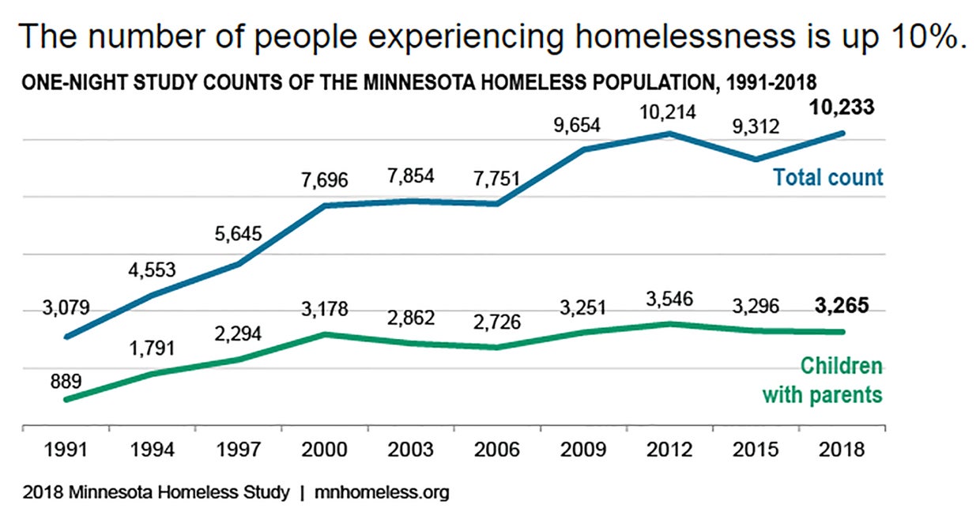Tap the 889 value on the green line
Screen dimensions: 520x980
coord(66,382)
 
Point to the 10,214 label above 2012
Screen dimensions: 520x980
coord(669,112)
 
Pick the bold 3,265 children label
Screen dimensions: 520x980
coord(840,305)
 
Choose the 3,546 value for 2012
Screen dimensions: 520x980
coord(669,300)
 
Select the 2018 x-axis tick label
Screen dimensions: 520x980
coord(840,450)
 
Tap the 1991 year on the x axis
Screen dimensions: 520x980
coord(66,450)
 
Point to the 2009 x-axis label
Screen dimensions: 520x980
coord(582,450)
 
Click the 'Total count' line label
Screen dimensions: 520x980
coord(827,177)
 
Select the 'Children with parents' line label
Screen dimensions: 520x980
coord(823,380)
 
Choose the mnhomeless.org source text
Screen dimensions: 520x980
coord(382,493)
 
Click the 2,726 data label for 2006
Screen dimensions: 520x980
coord(497,323)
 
